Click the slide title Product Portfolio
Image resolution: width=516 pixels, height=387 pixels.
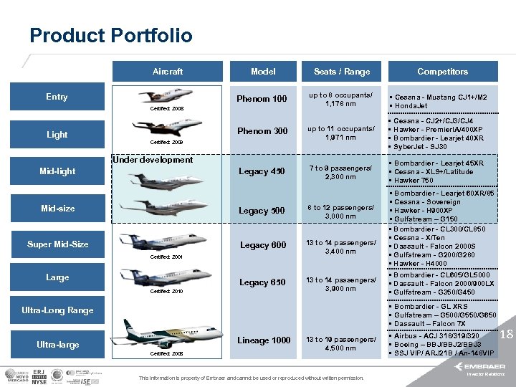pos(111,36)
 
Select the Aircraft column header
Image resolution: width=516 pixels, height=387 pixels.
pos(167,72)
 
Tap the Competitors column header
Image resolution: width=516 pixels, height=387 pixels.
pos(442,72)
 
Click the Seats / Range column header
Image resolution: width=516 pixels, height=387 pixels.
pos(342,72)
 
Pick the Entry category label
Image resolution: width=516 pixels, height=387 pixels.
pos(57,97)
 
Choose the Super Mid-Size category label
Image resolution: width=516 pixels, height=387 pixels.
pos(58,244)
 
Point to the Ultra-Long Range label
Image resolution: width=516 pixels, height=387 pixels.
pos(57,310)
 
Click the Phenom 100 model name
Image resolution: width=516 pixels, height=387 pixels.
pos(263,99)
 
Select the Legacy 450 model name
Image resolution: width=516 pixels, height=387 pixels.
pos(262,171)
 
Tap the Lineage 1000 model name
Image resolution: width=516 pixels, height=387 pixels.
pos(264,340)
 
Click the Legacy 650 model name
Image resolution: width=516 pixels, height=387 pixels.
pos(263,282)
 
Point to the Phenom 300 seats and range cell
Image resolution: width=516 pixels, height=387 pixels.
pos(341,133)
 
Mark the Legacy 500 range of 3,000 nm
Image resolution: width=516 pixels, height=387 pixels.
pos(341,216)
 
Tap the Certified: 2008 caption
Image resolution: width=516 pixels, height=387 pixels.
pos(167,108)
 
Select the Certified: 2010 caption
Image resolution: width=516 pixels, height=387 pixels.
pos(167,292)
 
